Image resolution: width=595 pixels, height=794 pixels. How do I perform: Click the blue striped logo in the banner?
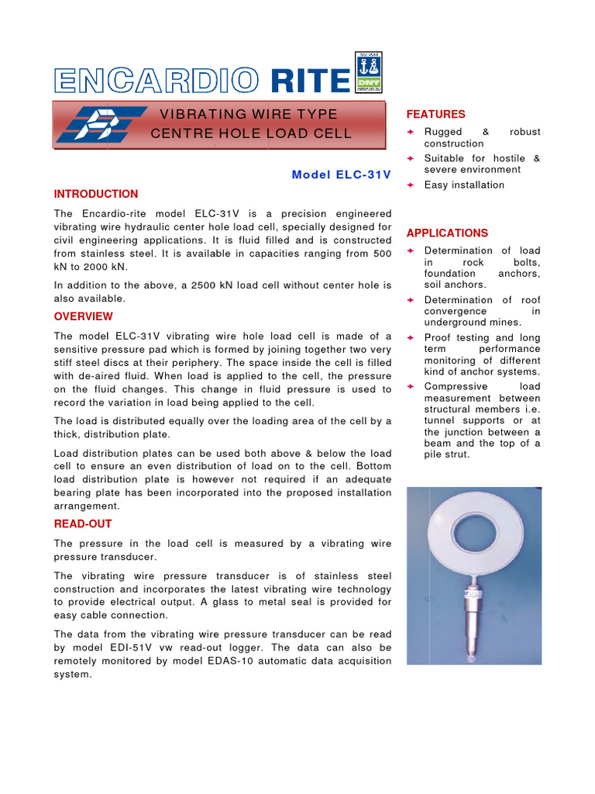[x=101, y=124]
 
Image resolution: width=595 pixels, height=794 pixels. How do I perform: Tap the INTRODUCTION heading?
[x=96, y=194]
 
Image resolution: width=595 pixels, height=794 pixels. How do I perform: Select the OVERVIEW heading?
[x=83, y=316]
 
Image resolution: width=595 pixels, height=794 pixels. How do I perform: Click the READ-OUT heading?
[x=83, y=524]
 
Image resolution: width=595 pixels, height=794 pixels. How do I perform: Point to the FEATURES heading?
[x=436, y=114]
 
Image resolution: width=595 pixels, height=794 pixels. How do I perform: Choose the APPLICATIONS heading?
[x=447, y=233]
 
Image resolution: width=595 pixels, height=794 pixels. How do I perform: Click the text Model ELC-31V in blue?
[x=341, y=174]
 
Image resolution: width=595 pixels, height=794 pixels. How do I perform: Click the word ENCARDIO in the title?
[x=156, y=81]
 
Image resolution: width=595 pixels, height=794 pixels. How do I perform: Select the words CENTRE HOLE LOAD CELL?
[x=250, y=133]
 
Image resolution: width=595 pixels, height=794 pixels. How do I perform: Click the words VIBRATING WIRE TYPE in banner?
[x=249, y=115]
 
